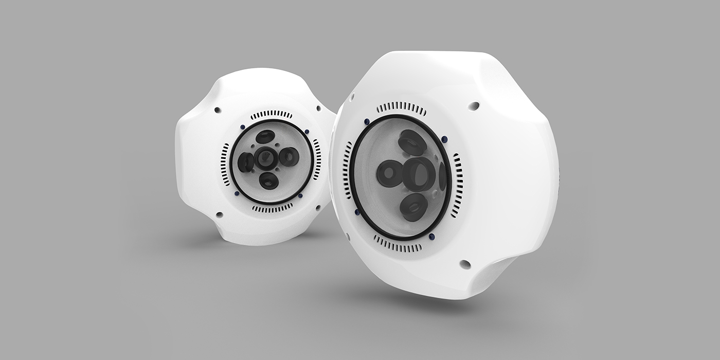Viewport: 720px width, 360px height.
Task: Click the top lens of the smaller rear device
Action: (x=265, y=137)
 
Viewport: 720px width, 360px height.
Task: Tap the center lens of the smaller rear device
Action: (x=266, y=158)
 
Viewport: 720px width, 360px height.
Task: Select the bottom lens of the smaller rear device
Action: (x=268, y=181)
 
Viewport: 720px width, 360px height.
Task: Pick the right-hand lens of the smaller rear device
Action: (x=289, y=156)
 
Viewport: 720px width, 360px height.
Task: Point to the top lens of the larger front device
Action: (x=412, y=142)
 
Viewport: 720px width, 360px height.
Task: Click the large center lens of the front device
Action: (x=419, y=174)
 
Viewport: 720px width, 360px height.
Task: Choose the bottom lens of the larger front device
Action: (x=413, y=207)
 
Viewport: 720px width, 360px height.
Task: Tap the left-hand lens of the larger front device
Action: (x=390, y=173)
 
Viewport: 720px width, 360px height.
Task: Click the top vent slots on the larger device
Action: (x=402, y=109)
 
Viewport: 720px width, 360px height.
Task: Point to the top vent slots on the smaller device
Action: (x=271, y=114)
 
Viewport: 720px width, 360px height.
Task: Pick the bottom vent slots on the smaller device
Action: (x=273, y=208)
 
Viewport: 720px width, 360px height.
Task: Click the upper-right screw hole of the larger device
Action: (x=474, y=106)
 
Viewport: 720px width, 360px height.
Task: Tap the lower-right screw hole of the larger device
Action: (x=465, y=264)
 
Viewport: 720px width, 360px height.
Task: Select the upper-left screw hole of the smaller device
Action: (x=218, y=110)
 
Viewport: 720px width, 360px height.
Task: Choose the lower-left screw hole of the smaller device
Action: (x=219, y=214)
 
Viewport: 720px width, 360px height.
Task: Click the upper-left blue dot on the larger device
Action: (x=367, y=122)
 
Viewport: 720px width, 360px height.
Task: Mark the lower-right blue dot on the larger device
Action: (x=431, y=237)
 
